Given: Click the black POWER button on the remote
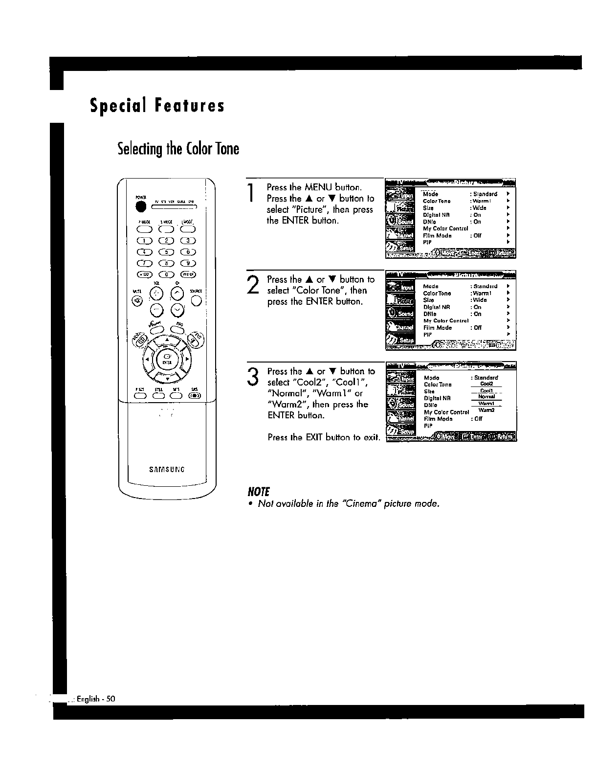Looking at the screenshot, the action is point(141,207).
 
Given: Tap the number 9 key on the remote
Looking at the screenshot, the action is point(189,264).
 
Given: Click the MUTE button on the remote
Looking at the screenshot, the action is point(138,300).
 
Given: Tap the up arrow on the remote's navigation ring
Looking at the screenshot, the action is point(167,339).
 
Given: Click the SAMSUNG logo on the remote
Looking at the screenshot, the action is point(167,469).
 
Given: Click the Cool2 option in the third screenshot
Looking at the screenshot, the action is point(486,384).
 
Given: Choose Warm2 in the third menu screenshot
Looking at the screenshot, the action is point(486,410).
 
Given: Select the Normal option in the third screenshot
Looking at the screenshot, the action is point(486,397).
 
